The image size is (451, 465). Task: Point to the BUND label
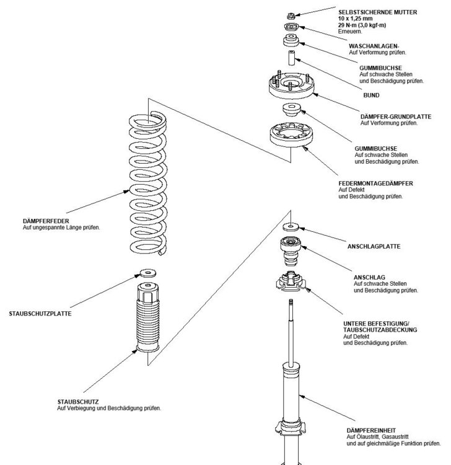click(x=371, y=96)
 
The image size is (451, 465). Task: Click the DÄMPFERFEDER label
click(x=45, y=221)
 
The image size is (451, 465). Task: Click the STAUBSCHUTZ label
click(x=77, y=401)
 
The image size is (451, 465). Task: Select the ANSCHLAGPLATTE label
click(x=374, y=246)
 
